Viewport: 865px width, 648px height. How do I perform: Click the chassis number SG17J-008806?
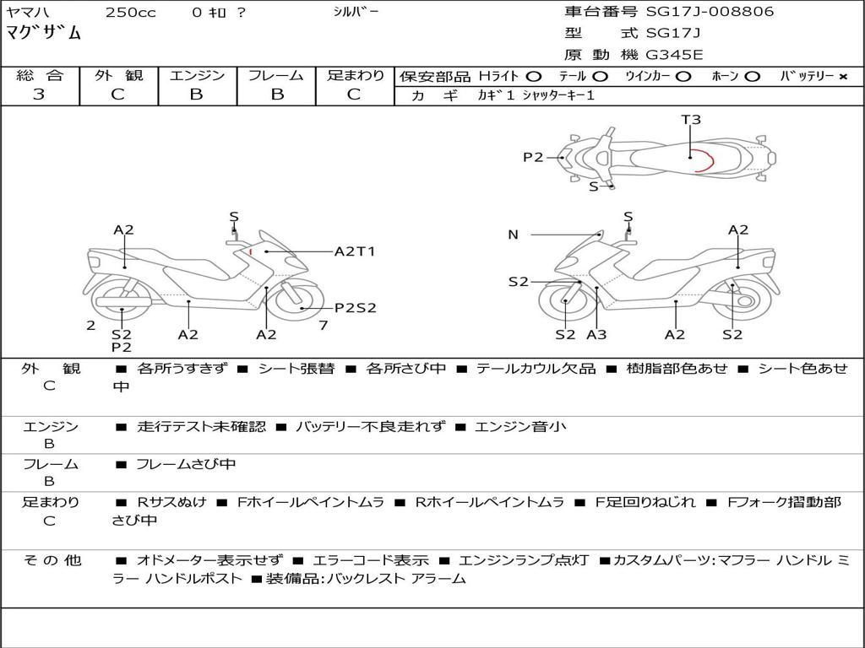point(710,12)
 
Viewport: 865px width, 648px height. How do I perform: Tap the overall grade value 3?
point(39,94)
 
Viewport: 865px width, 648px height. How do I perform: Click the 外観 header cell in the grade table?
point(118,75)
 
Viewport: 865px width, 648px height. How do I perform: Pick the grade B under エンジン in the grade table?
point(197,94)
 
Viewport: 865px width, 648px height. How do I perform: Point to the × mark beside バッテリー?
point(843,77)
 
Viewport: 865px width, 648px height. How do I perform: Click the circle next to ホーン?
point(752,77)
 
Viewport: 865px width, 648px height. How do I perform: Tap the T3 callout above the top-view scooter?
point(691,120)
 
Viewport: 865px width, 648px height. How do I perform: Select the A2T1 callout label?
point(355,251)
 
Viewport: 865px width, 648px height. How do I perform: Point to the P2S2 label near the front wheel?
point(356,308)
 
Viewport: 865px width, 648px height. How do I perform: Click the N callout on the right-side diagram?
point(513,235)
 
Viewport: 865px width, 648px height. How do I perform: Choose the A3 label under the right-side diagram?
point(596,334)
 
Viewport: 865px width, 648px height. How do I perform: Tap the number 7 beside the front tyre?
point(324,326)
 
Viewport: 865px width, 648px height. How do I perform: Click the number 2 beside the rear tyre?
point(91,326)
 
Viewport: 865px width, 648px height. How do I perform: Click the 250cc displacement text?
point(131,13)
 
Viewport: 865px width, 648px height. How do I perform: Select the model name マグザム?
point(44,33)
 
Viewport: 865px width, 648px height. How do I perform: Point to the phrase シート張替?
point(296,369)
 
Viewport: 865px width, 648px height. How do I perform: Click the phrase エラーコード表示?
point(371,561)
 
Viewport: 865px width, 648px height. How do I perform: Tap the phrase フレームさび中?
point(186,465)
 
